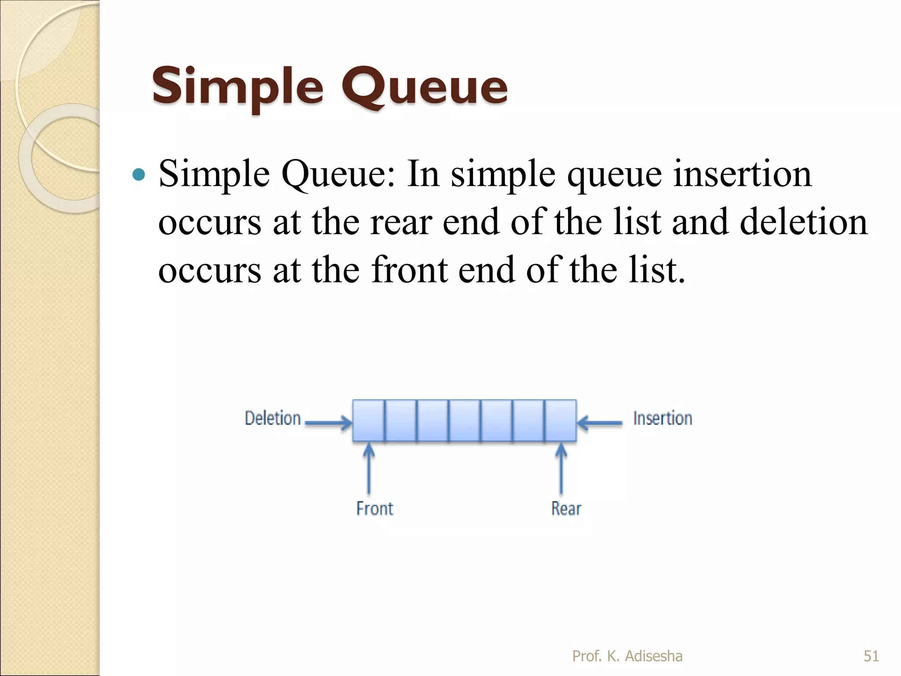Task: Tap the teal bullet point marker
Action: pyautogui.click(x=139, y=175)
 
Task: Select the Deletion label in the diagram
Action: pyautogui.click(x=273, y=418)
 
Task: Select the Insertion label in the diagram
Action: pyautogui.click(x=663, y=418)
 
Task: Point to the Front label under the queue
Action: pyautogui.click(x=374, y=509)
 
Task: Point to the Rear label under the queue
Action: pyautogui.click(x=566, y=509)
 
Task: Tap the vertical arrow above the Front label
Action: pyautogui.click(x=369, y=469)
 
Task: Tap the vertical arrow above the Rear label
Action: pyautogui.click(x=561, y=469)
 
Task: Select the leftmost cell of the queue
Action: pyautogui.click(x=369, y=421)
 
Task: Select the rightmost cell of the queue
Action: pyautogui.click(x=560, y=421)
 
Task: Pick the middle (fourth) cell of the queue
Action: pyautogui.click(x=465, y=421)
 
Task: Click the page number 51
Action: pyautogui.click(x=871, y=656)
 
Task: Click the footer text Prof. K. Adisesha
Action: pyautogui.click(x=627, y=656)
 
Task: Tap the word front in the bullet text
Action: pyautogui.click(x=410, y=270)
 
